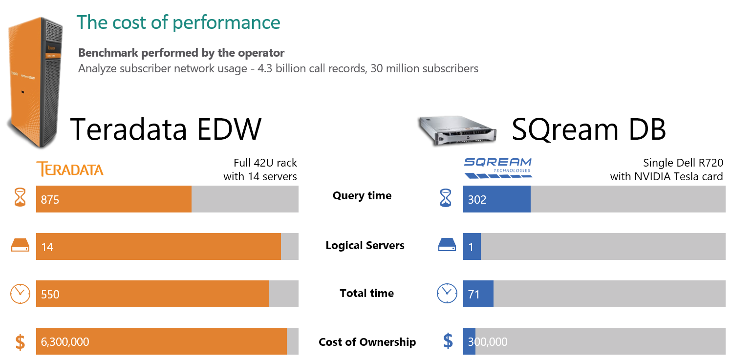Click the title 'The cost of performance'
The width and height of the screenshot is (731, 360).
click(x=178, y=22)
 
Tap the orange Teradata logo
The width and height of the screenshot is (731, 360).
click(x=70, y=169)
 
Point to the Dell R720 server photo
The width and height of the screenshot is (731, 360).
click(x=458, y=130)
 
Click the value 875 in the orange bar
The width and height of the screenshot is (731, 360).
click(x=50, y=199)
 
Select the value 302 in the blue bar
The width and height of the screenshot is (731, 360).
click(x=477, y=199)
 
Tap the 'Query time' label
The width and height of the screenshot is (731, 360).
click(x=362, y=196)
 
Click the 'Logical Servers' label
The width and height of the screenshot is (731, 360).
click(x=365, y=246)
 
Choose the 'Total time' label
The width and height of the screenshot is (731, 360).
click(x=366, y=293)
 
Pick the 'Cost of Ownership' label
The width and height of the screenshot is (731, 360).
click(x=367, y=342)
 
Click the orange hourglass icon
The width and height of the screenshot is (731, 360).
click(x=20, y=198)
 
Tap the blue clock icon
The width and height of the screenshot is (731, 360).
click(x=447, y=293)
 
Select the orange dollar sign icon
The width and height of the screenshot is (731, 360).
click(x=20, y=341)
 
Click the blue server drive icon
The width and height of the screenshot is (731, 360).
click(x=447, y=245)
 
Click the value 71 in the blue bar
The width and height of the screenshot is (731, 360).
click(x=473, y=295)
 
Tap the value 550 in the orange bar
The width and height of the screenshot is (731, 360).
click(x=50, y=295)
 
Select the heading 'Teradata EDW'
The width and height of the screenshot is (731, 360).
click(x=166, y=129)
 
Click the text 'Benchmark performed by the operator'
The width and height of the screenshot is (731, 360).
click(x=181, y=53)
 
